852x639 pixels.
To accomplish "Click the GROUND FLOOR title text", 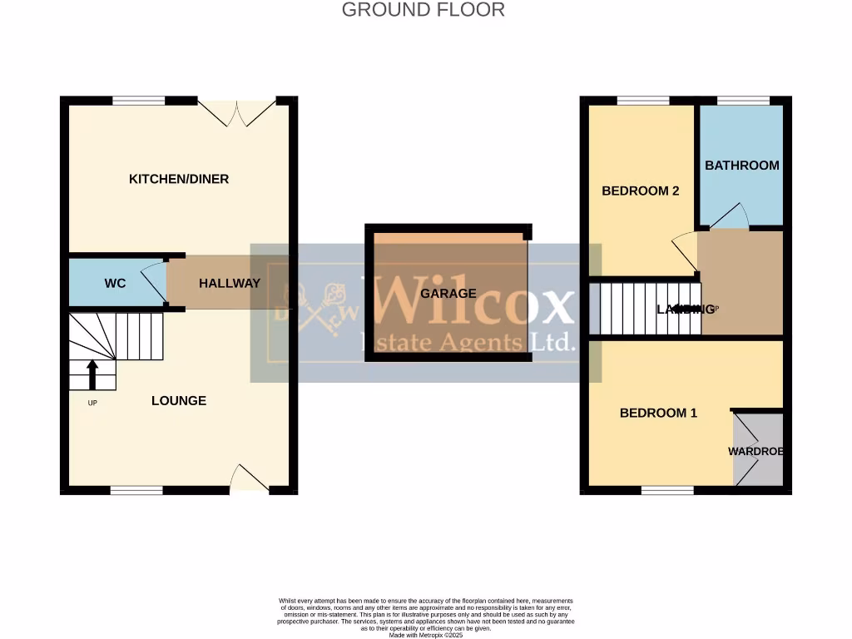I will pos(424,10).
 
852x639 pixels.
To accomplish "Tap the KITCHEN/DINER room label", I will pos(179,179).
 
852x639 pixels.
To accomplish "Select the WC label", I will pos(115,283).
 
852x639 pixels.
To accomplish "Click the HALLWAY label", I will pos(230,283).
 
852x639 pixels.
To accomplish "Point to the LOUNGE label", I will pos(179,400).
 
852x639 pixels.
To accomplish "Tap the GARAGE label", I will pos(448,293).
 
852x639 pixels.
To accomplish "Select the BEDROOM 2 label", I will pos(641,191).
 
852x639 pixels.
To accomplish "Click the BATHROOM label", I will pos(742,165).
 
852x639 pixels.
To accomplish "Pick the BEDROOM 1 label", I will pos(658,413).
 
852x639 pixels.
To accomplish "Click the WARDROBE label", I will pos(756,451).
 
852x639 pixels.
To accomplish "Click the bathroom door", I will pos(729,216).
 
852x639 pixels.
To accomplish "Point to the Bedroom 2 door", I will pos(684,251).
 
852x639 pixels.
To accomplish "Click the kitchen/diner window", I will pos(139,101).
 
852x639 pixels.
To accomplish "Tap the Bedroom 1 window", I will pos(667,490).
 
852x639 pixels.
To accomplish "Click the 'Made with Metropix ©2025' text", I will pos(425,634).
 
